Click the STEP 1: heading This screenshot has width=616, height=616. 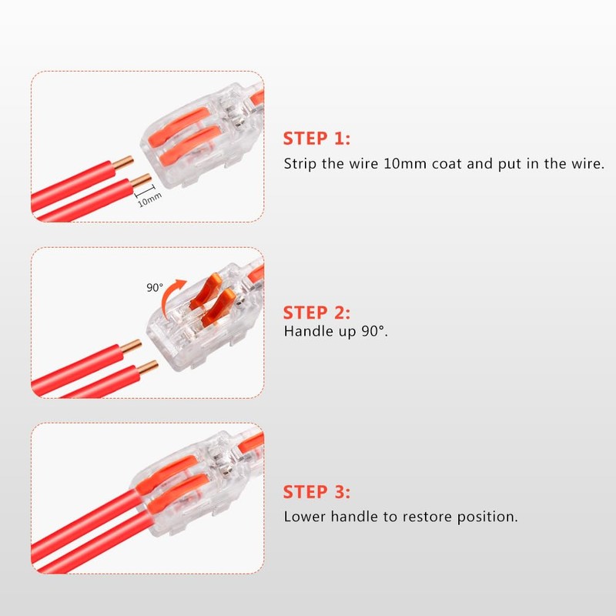[316, 139]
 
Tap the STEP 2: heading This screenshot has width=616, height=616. [316, 313]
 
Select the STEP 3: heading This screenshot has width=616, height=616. [316, 492]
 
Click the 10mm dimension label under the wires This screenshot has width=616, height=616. [149, 200]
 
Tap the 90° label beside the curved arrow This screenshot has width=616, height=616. [155, 287]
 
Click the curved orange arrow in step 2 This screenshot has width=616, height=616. [169, 296]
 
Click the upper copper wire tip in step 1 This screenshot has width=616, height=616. [124, 162]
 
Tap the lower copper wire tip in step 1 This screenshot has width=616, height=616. [141, 180]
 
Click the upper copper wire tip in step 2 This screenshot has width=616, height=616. [131, 346]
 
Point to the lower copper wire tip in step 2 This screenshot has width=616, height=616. [148, 368]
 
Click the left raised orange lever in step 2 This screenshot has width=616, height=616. [204, 291]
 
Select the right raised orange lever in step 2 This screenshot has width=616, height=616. [219, 309]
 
